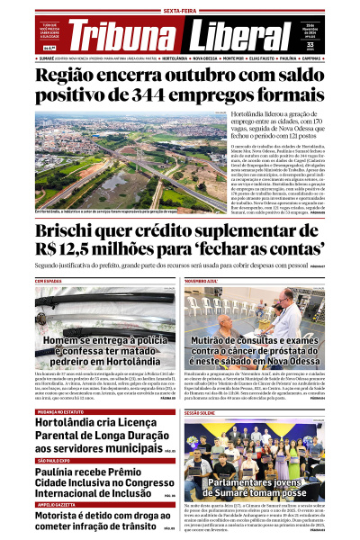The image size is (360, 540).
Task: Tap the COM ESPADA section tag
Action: click(x=49, y=281)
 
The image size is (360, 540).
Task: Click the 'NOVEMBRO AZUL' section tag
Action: click(x=202, y=281)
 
